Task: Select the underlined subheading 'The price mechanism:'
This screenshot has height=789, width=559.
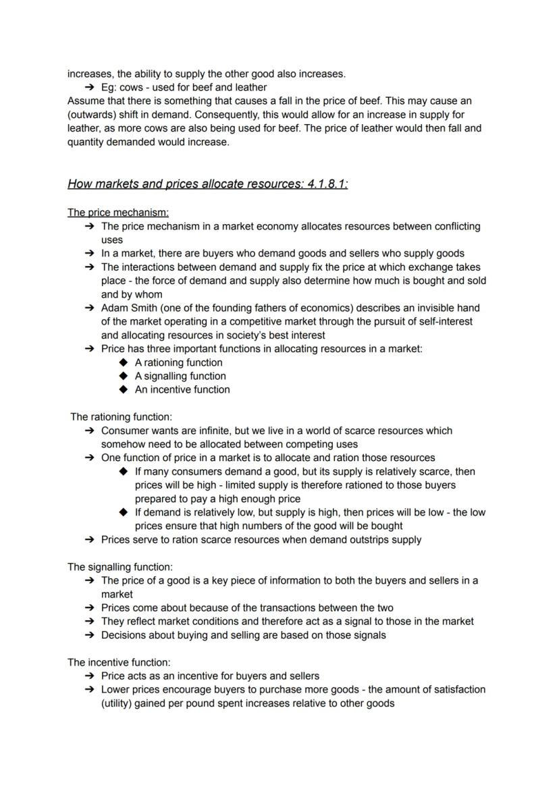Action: pos(118,213)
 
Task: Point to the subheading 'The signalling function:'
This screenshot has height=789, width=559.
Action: pos(120,567)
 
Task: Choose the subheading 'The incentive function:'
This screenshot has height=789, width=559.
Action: pos(119,662)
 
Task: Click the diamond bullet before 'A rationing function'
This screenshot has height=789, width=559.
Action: pos(123,362)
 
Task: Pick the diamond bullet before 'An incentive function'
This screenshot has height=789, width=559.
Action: pos(123,389)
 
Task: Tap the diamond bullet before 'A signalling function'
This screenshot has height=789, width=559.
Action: pos(123,376)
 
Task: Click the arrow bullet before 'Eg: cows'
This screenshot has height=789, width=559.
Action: pos(89,87)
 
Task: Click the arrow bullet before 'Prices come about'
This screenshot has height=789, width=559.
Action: pos(89,607)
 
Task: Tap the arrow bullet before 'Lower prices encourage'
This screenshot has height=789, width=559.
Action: pos(89,690)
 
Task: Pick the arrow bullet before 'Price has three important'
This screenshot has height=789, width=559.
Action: pos(89,349)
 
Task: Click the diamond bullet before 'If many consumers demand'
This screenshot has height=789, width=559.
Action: pos(123,471)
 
